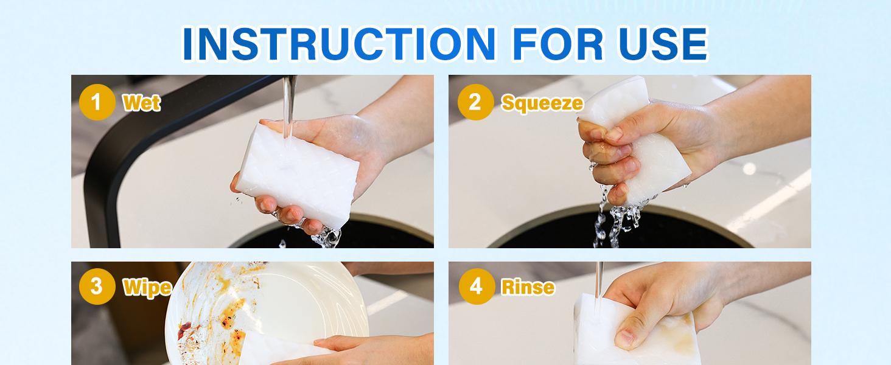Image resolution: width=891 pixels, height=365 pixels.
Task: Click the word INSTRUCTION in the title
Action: tap(339, 43)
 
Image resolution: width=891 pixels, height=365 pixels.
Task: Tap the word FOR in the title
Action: tap(558, 43)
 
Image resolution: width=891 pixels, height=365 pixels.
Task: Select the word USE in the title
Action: tap(663, 43)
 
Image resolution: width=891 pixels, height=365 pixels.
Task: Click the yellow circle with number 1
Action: tap(97, 102)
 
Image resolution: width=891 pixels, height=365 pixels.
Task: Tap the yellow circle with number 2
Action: tap(476, 102)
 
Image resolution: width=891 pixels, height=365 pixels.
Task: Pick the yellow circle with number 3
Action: tap(97, 287)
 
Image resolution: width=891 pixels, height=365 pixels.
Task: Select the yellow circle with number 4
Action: tap(477, 287)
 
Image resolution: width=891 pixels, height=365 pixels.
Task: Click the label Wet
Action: tap(142, 103)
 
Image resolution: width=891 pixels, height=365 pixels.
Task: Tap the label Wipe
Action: tap(147, 288)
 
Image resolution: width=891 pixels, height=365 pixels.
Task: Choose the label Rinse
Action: tap(528, 287)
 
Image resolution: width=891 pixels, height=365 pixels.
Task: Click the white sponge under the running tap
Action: tap(298, 175)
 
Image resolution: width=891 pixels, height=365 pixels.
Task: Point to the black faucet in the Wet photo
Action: tap(159, 151)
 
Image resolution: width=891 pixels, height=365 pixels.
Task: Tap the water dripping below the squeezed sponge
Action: tap(617, 223)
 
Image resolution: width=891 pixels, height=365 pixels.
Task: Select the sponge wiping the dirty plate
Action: tap(279, 350)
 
